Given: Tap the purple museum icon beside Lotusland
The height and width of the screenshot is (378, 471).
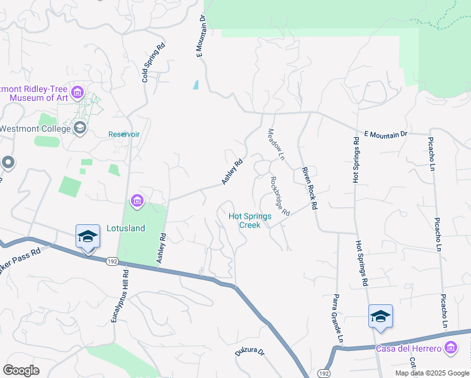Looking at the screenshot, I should click(137, 202).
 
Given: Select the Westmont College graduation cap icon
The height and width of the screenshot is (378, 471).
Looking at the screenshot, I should click(80, 129).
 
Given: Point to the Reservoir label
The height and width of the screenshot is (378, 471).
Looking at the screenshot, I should click(123, 134).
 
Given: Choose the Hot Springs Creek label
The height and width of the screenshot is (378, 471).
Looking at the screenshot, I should click(249, 220).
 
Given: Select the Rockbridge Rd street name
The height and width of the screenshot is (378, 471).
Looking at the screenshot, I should click(280, 196).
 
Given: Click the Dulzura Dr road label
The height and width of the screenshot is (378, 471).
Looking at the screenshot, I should click(250, 352).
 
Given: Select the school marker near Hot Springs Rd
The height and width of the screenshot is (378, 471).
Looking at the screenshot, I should click(380, 316).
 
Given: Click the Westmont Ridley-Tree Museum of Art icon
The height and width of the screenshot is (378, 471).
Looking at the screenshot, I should click(77, 93).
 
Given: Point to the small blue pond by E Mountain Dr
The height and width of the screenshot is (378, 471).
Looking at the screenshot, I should click(196, 84).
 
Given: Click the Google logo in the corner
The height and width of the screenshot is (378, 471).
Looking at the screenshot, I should click(21, 370).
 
